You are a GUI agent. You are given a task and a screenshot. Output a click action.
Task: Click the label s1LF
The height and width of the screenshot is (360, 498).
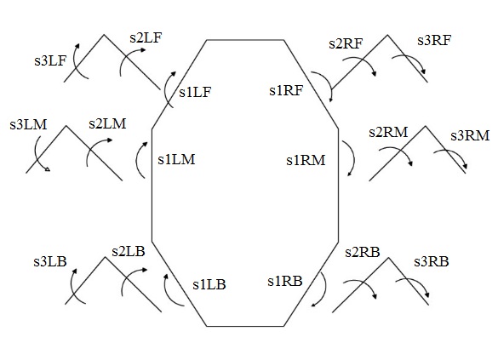195,92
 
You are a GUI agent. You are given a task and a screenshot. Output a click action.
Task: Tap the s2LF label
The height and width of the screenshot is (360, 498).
146,37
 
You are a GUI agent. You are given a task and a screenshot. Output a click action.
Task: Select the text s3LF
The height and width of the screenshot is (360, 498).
50,60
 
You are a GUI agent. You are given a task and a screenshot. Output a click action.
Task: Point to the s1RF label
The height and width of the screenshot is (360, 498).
286,90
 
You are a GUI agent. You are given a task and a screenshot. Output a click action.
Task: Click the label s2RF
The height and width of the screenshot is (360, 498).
346,43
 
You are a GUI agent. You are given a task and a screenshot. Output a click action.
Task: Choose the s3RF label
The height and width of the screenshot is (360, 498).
434,40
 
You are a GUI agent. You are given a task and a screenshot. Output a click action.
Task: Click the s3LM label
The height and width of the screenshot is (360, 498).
28,124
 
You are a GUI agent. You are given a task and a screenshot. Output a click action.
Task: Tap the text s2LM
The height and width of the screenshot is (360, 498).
107,123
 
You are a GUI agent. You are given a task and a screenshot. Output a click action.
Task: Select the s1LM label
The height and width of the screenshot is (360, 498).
176,159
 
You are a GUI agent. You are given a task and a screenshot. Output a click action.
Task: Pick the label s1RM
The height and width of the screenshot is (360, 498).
306,160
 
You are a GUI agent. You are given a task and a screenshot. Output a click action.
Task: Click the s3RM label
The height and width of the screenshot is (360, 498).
470,136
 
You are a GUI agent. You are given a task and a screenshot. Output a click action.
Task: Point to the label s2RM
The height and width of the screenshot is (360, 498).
388,132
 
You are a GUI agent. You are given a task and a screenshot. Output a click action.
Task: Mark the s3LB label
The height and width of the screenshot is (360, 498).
50,261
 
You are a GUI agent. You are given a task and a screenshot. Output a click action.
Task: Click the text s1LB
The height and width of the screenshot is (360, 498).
209,284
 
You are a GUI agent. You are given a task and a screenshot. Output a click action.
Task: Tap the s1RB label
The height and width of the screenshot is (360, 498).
285,281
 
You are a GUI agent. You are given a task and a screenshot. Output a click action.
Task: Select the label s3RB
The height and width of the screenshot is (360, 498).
432,262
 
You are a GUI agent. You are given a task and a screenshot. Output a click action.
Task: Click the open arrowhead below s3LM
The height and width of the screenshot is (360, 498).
47,169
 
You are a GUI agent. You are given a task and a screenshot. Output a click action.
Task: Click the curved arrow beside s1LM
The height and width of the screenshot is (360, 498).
136,159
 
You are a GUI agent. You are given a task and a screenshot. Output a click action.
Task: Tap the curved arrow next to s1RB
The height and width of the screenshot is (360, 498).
325,288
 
